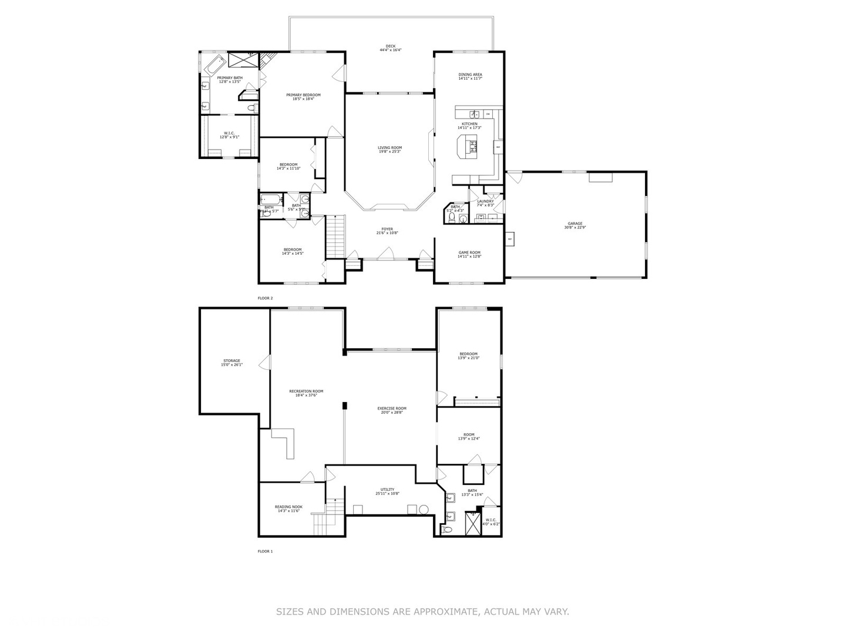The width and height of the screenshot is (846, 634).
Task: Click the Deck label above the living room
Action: pos(391,46)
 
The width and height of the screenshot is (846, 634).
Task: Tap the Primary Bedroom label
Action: pos(303,95)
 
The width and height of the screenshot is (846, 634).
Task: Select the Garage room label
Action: pos(575,224)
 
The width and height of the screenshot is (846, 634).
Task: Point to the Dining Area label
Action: pos(470,75)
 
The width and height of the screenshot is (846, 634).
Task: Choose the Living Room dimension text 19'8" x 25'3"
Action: pos(390,151)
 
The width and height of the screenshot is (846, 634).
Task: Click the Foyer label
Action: pos(387,229)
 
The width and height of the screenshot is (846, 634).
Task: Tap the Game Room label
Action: pos(469,252)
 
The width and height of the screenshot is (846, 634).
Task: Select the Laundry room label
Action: pos(485,201)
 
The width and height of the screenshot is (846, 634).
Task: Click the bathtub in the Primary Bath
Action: pos(215,64)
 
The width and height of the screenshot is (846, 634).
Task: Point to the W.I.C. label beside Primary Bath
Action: pos(229,133)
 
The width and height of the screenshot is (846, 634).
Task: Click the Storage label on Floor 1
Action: pos(231,360)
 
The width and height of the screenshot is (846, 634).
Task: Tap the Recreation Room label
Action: pos(306,391)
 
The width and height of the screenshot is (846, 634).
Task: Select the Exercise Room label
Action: pos(392,408)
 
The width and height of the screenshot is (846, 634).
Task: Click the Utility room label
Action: pos(387,489)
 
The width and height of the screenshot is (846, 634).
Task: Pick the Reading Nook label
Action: pos(288,507)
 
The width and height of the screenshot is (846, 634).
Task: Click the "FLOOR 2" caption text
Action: pos(266,298)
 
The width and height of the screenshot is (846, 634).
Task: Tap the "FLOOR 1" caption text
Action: pos(266,551)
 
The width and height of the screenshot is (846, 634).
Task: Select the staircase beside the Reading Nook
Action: pos(327,517)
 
